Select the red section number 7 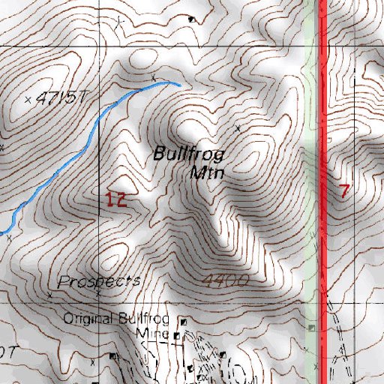344,190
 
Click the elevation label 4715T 61,98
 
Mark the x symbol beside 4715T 29,99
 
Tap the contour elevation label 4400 225,280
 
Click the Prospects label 100,281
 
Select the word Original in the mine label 88,318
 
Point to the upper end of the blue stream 178,85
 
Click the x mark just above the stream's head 154,78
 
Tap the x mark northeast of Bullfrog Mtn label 238,129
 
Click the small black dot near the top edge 191,19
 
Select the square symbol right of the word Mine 176,336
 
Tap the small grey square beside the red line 312,328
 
